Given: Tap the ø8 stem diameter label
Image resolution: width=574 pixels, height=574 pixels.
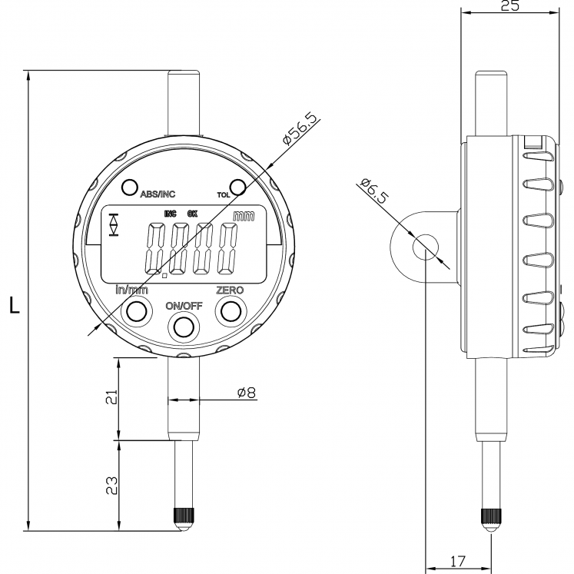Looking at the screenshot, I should (x=246, y=392).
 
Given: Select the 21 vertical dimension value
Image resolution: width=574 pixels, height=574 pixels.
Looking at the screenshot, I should (x=111, y=398).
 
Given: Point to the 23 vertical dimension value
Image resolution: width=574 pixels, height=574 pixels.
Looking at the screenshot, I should (x=111, y=485).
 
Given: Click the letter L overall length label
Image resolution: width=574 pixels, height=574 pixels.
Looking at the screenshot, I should (x=14, y=305).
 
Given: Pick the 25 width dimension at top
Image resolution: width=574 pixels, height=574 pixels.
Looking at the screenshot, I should (x=509, y=7).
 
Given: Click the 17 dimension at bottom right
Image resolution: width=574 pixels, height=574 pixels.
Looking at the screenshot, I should (x=458, y=562).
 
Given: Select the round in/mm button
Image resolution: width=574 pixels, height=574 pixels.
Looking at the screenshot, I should (x=137, y=310).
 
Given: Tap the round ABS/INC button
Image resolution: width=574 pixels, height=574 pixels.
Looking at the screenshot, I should (x=129, y=187).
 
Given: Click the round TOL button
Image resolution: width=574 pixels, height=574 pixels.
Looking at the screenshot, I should (x=237, y=187).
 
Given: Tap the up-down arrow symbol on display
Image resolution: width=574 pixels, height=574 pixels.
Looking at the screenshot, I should (x=114, y=224).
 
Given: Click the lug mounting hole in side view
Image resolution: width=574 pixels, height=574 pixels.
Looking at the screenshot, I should (x=423, y=247).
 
